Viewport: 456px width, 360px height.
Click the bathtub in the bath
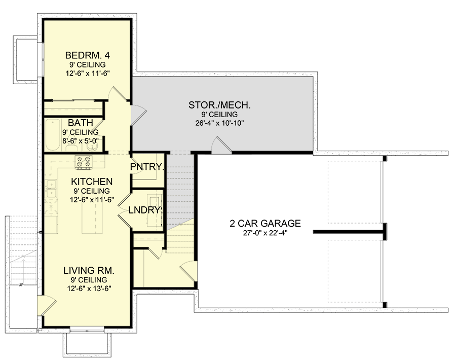coord(52,135)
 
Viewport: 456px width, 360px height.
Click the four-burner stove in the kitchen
coord(83,163)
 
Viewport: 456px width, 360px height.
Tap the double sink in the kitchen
coord(50,190)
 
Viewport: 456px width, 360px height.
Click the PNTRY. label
coord(147,167)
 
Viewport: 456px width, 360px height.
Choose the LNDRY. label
coord(145,210)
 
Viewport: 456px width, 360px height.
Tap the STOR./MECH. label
coord(220,105)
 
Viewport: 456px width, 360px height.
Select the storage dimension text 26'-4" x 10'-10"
coord(220,123)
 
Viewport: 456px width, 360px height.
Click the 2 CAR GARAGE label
coord(265,223)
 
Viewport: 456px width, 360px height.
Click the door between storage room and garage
coord(222,145)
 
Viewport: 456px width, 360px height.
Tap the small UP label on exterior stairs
coord(21,284)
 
